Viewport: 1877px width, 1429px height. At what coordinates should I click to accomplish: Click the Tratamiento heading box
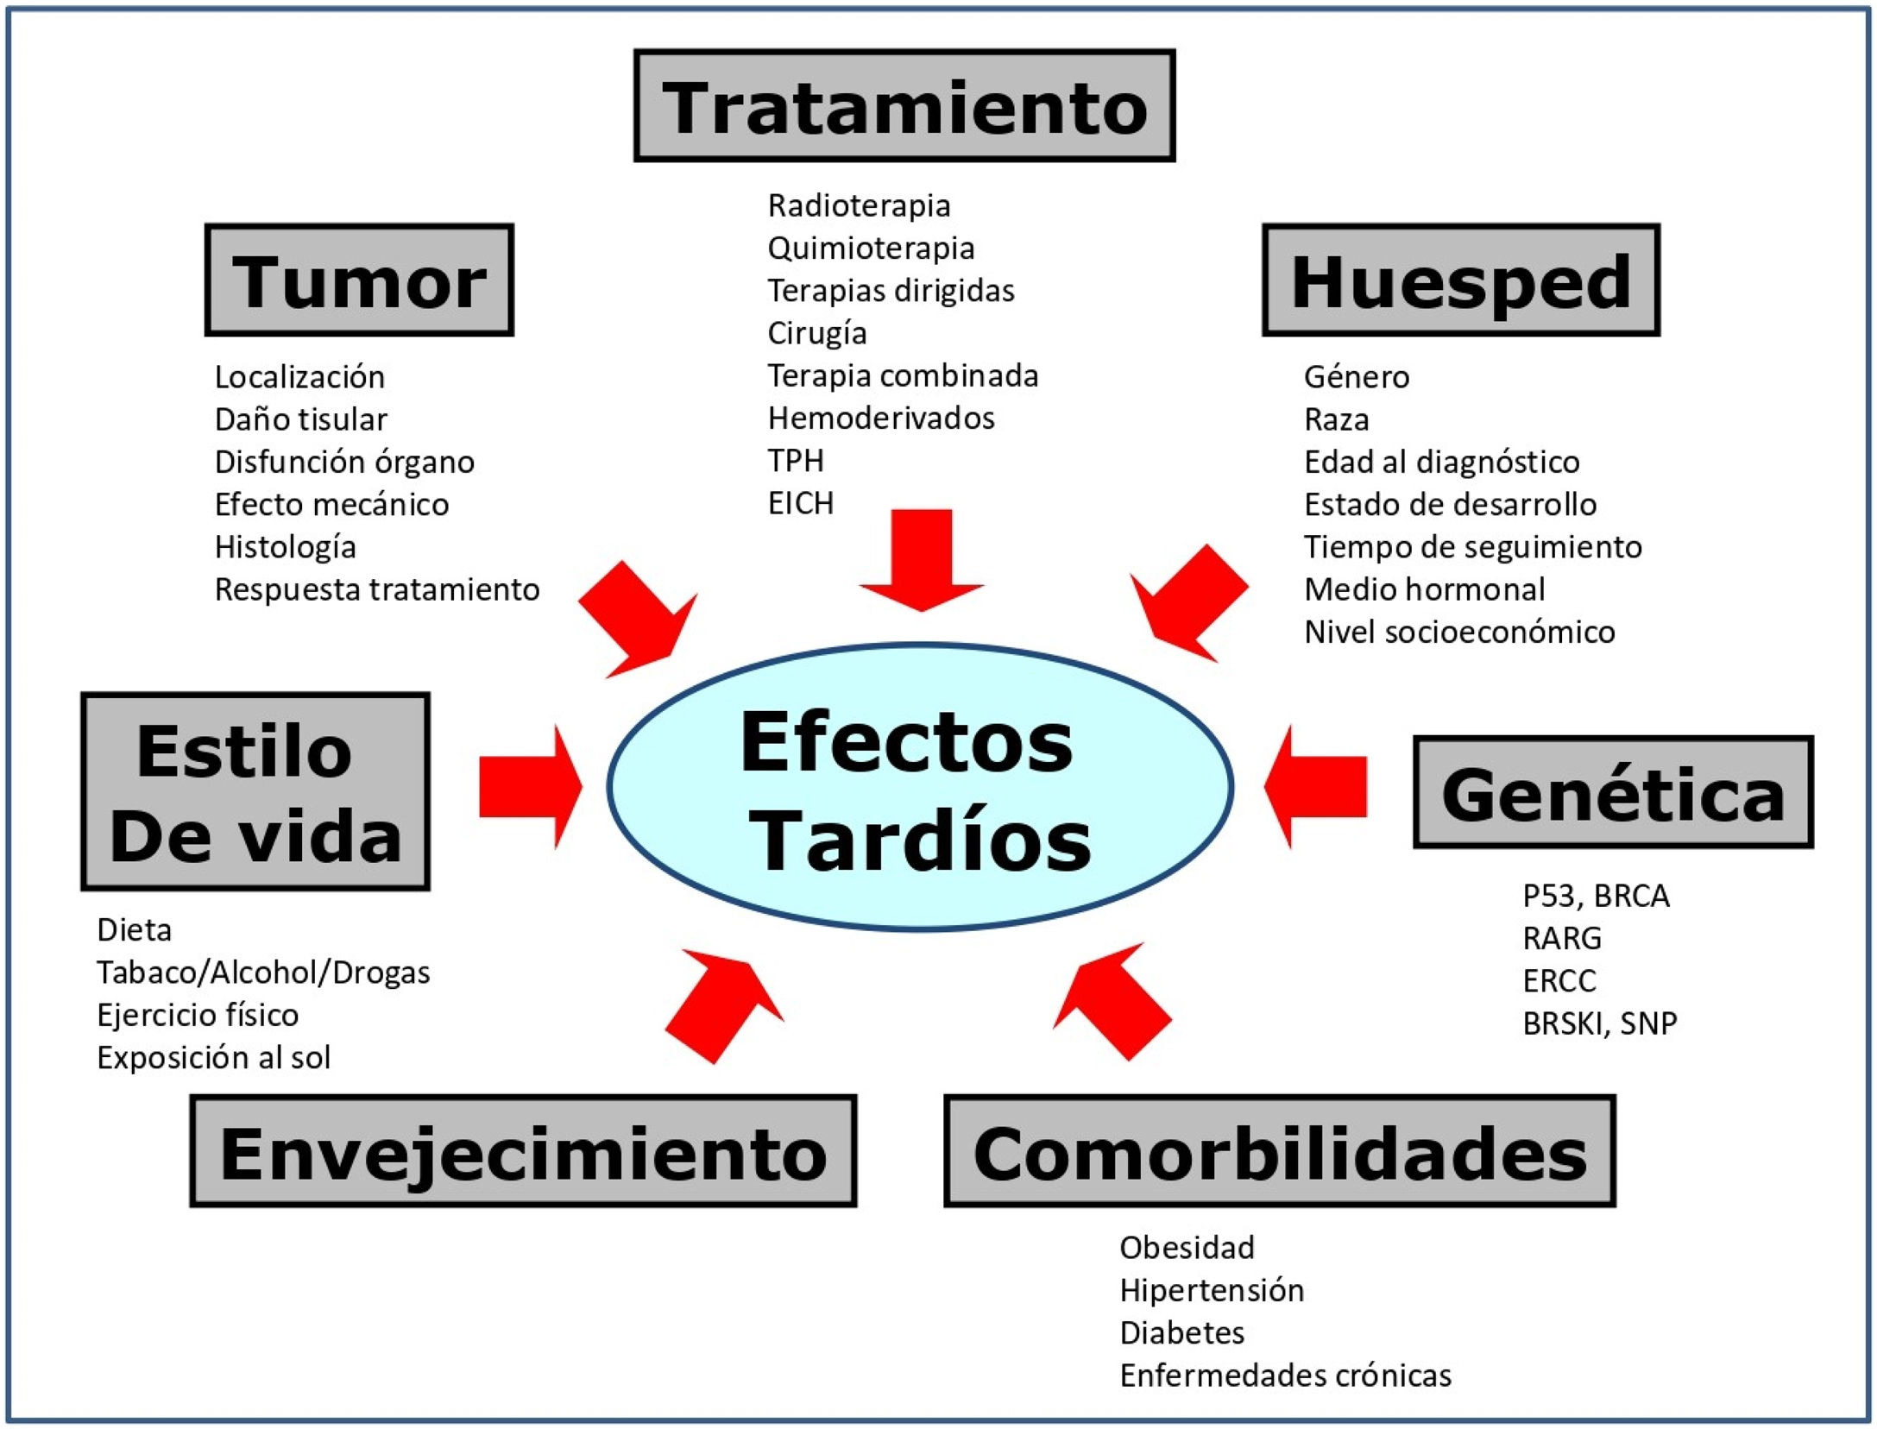904,105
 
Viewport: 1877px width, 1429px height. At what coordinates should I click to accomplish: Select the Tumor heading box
359,280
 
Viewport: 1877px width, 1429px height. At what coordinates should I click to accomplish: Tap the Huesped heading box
1460,280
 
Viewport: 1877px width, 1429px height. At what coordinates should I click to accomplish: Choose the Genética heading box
1612,793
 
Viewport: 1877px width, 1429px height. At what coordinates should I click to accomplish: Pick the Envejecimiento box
523,1151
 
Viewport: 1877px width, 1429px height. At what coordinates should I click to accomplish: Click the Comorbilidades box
1279,1151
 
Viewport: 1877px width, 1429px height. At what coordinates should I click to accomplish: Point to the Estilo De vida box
255,791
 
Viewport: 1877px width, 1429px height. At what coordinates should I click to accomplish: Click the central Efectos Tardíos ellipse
919,787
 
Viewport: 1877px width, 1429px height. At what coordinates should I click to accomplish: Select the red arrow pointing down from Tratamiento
922,557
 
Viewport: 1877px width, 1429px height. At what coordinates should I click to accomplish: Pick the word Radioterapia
859,206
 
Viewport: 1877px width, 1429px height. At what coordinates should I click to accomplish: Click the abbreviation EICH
800,503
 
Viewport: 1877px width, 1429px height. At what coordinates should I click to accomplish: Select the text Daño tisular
300,419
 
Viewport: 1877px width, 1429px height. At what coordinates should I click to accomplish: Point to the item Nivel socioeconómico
1458,632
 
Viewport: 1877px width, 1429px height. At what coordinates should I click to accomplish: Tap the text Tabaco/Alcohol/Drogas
263,973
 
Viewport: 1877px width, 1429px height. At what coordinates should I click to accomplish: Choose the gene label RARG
1561,938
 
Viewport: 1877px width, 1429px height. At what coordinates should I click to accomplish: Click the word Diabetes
1181,1333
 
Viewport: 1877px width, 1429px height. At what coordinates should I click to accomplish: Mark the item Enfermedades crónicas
1285,1375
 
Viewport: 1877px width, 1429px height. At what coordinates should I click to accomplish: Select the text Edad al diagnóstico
1441,462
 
